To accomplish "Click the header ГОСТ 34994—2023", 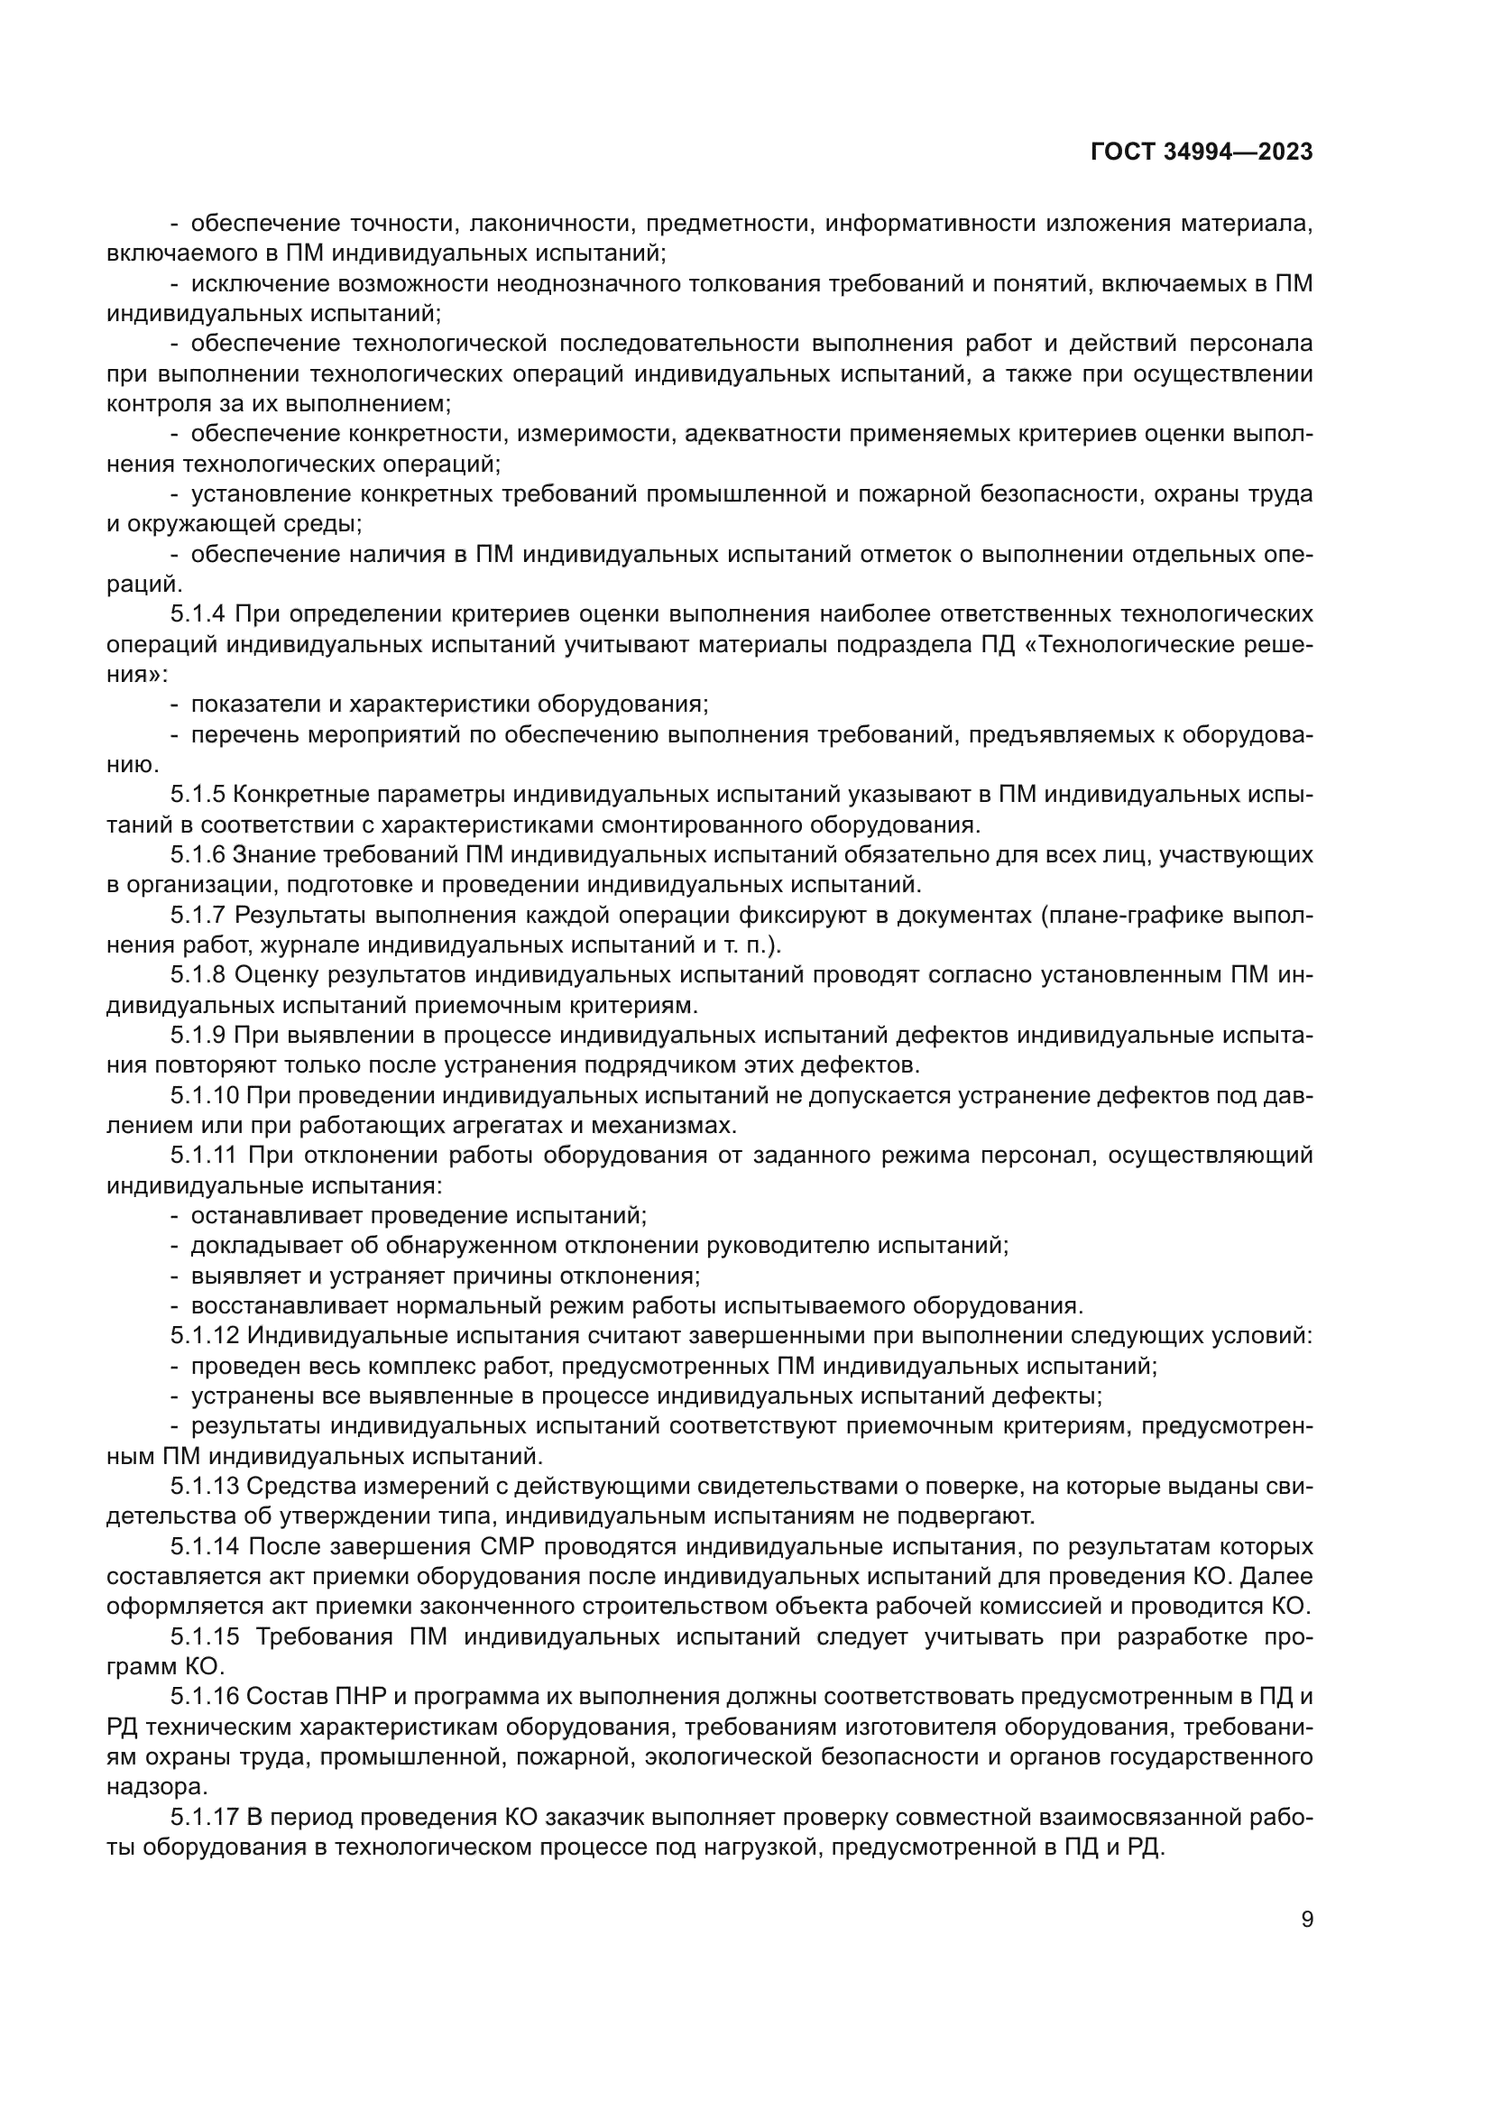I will tap(1201, 152).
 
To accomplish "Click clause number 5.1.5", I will tap(197, 794).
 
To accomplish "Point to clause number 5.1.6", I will tap(197, 854).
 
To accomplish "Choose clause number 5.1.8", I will tap(197, 975).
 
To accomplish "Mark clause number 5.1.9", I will tap(197, 1036).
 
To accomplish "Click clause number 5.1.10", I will tap(204, 1095).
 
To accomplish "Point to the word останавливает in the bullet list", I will tap(276, 1216).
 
